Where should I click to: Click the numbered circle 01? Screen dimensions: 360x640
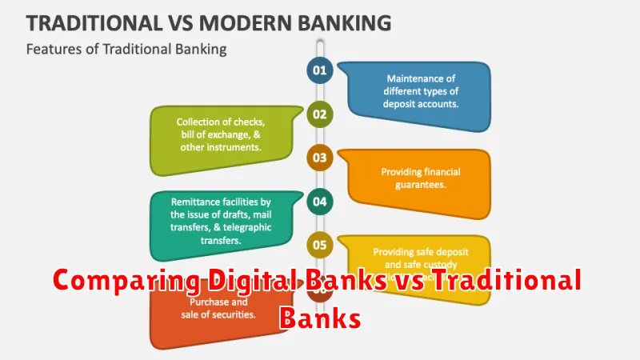click(x=319, y=70)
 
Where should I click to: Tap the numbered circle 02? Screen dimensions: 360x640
click(x=319, y=114)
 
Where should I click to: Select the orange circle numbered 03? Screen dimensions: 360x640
click(x=319, y=158)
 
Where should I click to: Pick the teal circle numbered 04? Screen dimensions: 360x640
click(x=319, y=202)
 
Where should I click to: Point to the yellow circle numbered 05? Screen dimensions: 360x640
click(x=319, y=246)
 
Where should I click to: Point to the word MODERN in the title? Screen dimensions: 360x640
click(x=246, y=22)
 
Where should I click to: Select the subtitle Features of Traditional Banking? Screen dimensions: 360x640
click(x=126, y=50)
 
